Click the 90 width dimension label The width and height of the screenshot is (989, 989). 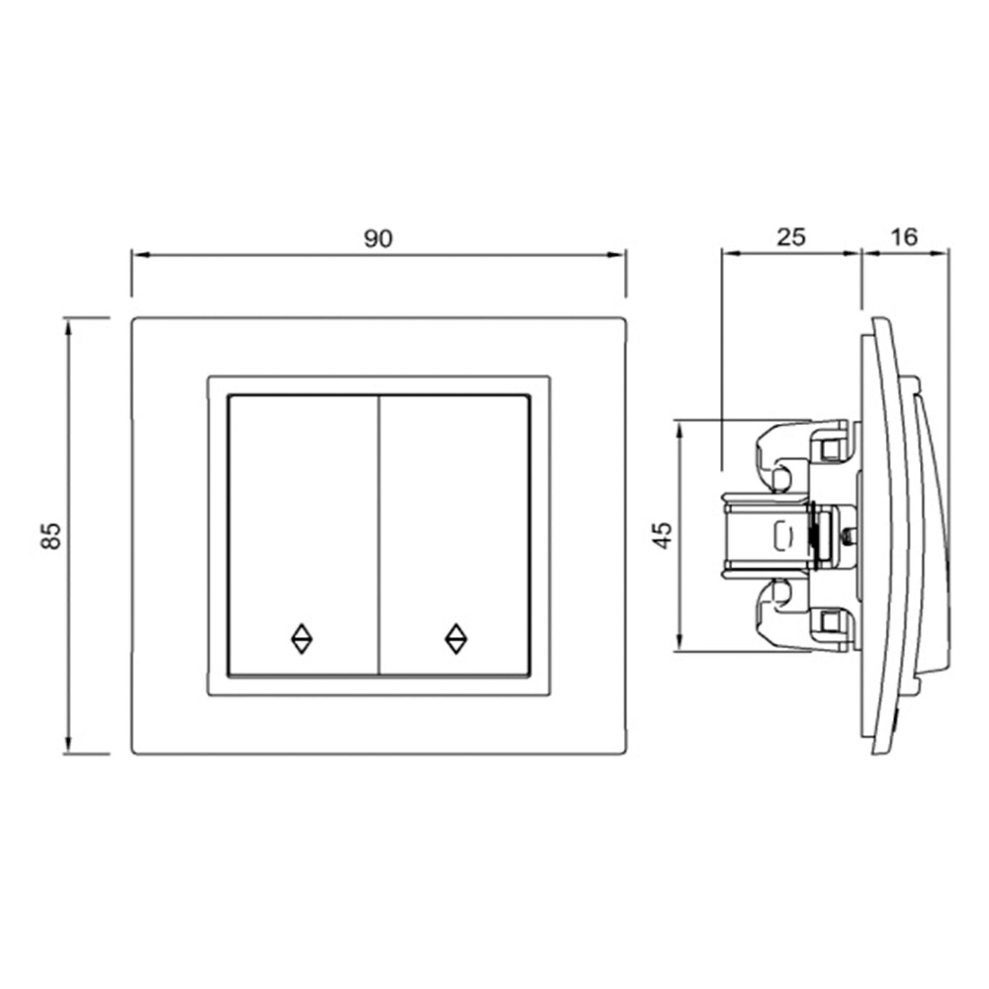378,238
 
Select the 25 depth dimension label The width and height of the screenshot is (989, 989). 791,237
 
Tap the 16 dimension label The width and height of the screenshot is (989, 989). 904,237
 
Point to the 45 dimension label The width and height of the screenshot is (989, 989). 664,536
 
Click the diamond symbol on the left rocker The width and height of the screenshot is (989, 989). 302,638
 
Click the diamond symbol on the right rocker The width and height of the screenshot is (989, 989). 455,638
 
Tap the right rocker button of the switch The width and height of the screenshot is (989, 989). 454,535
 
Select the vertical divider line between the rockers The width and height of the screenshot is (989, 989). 378,535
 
